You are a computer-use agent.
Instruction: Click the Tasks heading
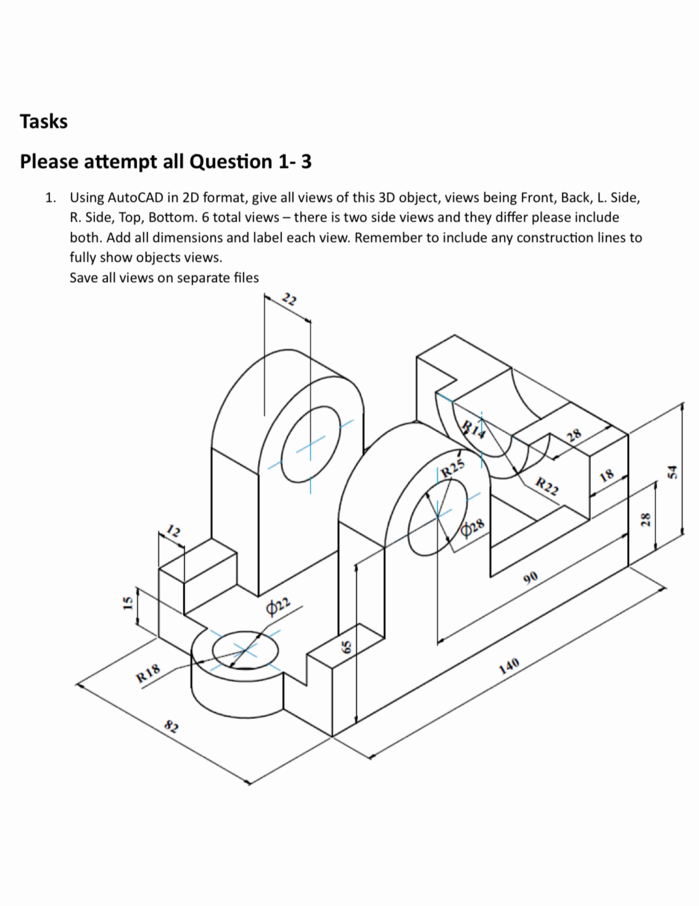(x=44, y=122)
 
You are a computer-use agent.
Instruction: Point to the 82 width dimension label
(x=171, y=726)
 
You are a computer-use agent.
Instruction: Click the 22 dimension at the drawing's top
(x=289, y=299)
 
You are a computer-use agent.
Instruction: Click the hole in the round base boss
(x=245, y=650)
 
